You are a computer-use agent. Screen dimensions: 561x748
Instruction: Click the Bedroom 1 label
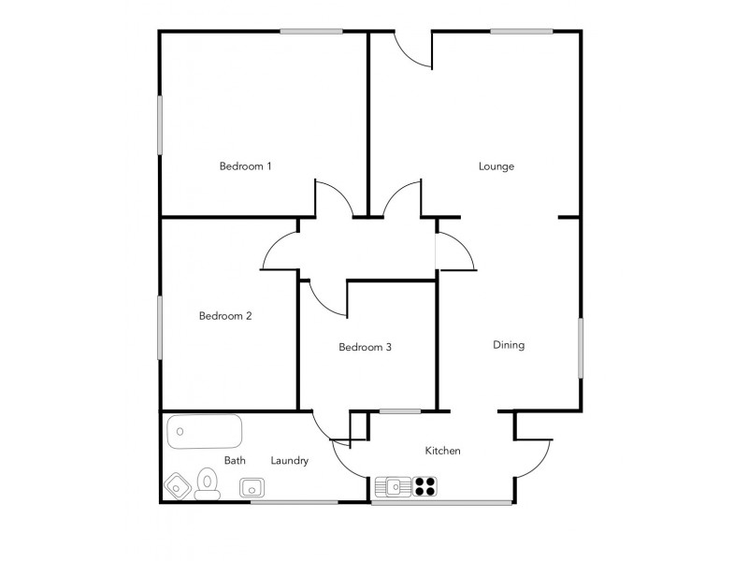pos(245,166)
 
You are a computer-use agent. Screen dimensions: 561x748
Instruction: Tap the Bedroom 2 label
pos(225,316)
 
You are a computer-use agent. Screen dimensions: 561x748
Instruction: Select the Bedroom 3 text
pos(365,347)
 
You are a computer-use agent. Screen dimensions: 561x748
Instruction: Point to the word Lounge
pos(496,166)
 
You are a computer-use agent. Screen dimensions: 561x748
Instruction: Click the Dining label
pos(509,345)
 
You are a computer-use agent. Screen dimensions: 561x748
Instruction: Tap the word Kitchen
pos(442,451)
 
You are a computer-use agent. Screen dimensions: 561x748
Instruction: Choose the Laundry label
pos(289,460)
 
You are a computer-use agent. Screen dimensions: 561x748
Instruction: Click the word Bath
pos(235,460)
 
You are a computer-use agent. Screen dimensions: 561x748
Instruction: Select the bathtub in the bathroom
pos(205,433)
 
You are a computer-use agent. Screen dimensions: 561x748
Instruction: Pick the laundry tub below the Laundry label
pos(252,487)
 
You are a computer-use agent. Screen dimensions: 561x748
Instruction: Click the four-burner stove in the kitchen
pos(424,486)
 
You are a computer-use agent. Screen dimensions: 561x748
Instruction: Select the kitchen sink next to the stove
pos(394,486)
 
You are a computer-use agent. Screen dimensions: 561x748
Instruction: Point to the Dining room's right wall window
pos(580,348)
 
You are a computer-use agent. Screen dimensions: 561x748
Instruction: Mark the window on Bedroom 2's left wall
pos(160,326)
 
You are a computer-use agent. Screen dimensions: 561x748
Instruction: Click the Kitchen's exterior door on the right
pos(531,458)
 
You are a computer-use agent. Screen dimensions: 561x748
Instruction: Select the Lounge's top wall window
pos(521,32)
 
